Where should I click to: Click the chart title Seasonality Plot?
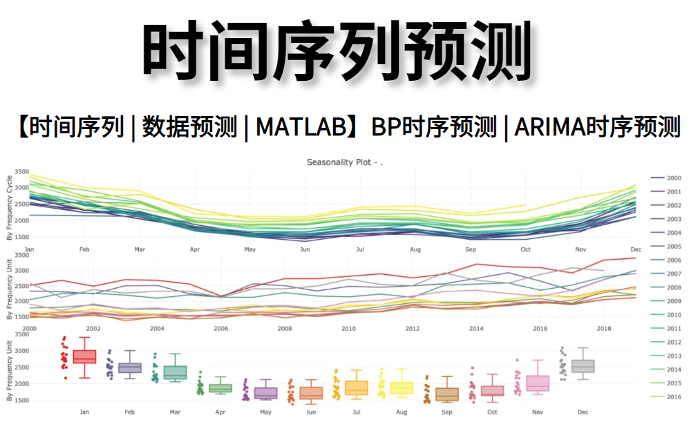pos(344,162)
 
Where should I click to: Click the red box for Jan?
pos(84,356)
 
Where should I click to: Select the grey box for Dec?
pos(583,366)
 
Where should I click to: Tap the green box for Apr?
pos(220,389)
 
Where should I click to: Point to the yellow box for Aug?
pos(402,388)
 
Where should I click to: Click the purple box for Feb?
pos(130,367)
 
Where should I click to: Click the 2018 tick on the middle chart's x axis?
pos(603,329)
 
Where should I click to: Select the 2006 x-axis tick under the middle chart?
pos(221,329)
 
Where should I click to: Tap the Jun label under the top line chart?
pos(304,249)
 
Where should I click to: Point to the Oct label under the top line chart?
pos(525,249)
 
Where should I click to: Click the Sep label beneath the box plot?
pos(447,412)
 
